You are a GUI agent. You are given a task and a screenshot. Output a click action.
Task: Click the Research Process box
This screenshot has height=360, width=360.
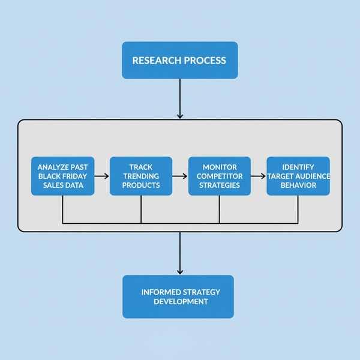[x=179, y=60]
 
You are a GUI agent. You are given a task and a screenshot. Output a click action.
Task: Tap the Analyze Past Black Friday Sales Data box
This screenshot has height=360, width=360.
[x=62, y=176]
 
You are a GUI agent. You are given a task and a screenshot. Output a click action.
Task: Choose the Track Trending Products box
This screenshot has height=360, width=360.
[x=141, y=176]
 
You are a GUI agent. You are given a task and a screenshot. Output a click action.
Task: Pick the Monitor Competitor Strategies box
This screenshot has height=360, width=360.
[x=219, y=176]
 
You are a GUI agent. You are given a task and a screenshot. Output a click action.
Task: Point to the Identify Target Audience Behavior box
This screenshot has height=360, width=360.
[x=298, y=176]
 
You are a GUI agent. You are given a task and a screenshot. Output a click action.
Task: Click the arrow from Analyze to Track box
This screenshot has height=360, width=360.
[x=102, y=176]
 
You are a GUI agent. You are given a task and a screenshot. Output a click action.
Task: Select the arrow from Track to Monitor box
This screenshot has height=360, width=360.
[x=180, y=176]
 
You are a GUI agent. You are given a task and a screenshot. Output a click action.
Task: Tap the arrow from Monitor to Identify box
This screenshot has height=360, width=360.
[x=258, y=176]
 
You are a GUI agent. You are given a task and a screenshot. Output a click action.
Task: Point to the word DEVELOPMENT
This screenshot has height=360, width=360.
[x=181, y=301]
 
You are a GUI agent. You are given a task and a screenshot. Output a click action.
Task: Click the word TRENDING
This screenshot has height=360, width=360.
[x=141, y=176]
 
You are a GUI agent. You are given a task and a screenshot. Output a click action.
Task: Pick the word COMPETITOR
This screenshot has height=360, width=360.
[x=219, y=176]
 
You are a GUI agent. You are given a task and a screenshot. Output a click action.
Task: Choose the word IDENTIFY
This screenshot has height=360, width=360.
[x=298, y=167]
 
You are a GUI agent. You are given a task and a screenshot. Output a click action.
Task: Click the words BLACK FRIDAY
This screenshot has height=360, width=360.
[x=62, y=176]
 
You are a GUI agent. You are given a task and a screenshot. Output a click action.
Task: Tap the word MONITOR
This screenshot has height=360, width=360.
[x=219, y=167]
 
